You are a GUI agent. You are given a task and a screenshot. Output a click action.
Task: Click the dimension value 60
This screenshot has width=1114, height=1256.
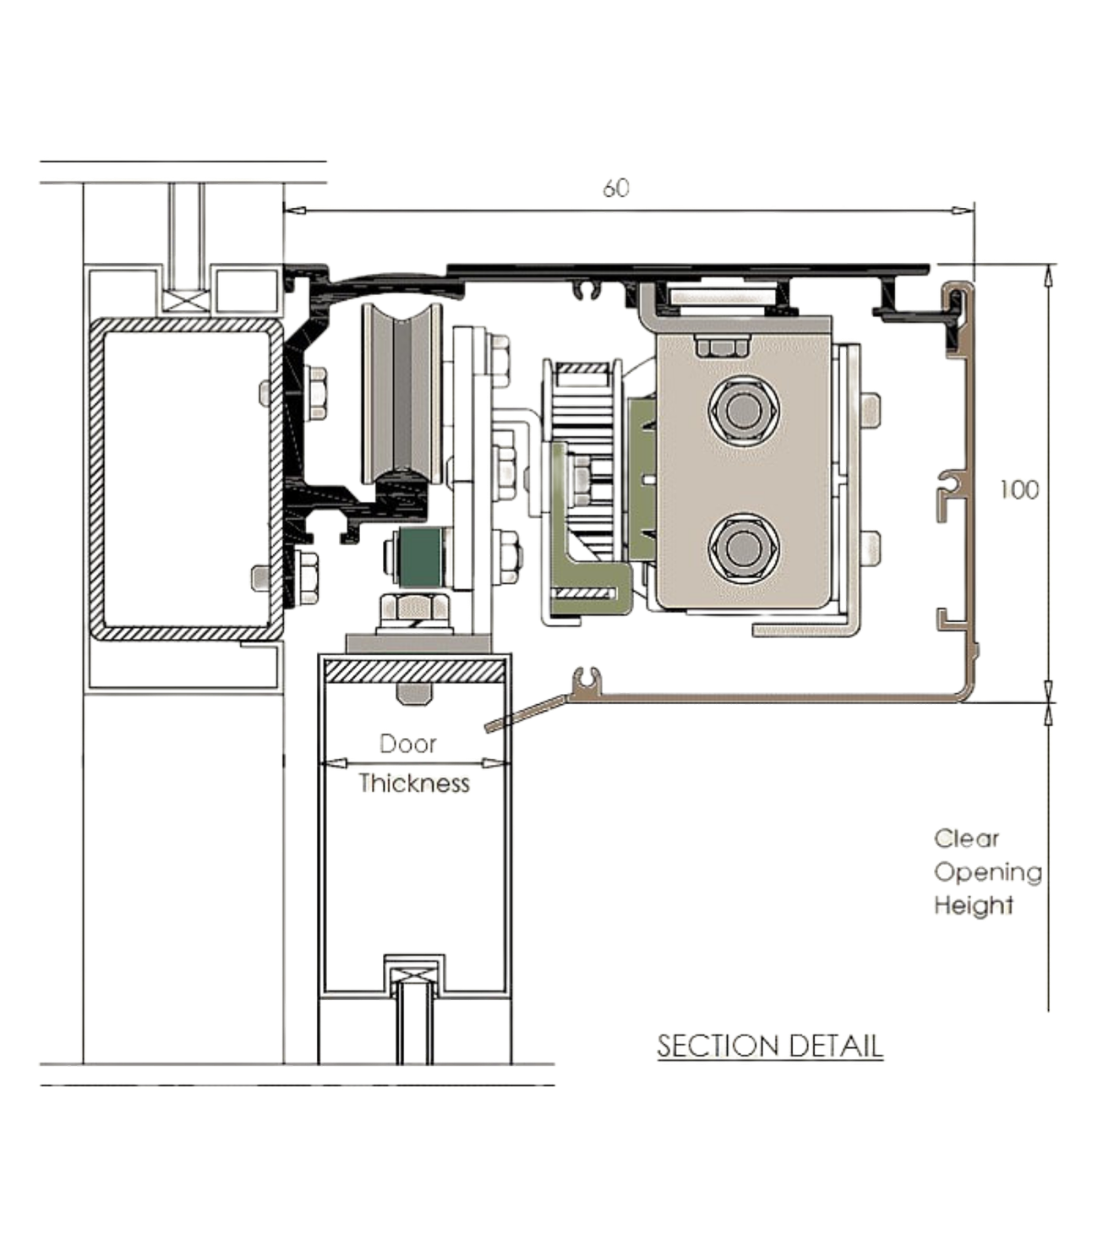616,188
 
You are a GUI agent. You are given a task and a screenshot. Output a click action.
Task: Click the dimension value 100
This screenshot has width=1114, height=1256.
1019,490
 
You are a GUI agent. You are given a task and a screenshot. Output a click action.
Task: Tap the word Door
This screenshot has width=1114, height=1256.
408,744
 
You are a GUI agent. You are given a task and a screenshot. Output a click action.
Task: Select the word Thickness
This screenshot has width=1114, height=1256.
414,784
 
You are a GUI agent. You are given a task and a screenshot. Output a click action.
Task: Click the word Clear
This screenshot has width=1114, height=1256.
966,838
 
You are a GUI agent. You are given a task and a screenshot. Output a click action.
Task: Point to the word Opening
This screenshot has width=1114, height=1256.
987,873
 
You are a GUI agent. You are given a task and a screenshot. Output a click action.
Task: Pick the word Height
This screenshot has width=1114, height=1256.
974,906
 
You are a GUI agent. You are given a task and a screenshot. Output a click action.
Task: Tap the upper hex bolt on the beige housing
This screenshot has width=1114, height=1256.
744,410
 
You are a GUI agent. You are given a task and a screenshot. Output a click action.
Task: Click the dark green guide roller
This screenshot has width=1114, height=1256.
421,557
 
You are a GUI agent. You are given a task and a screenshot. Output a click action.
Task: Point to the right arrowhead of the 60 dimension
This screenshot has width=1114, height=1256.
964,210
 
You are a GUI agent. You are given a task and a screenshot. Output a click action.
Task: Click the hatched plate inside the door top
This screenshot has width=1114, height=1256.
414,671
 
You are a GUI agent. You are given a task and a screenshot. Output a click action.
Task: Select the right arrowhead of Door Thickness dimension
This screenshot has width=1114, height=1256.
496,763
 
